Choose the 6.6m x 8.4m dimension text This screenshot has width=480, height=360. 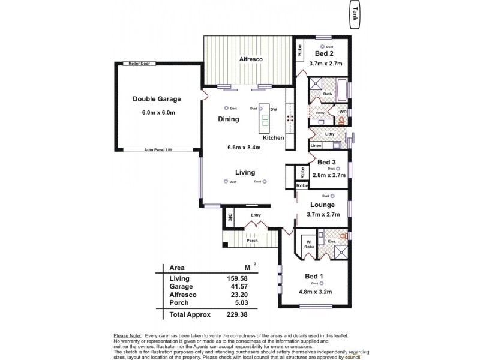click(244, 148)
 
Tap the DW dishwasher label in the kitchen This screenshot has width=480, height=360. click(273, 110)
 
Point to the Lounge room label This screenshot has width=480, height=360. click(323, 205)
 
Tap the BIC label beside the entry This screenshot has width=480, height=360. click(229, 217)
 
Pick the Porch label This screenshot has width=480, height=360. click(252, 241)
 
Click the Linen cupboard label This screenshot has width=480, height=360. click(316, 146)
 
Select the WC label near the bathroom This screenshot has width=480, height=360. click(343, 112)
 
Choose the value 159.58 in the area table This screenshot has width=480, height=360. click(236, 278)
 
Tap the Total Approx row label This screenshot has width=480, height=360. click(190, 314)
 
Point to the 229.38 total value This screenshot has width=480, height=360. click(236, 314)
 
